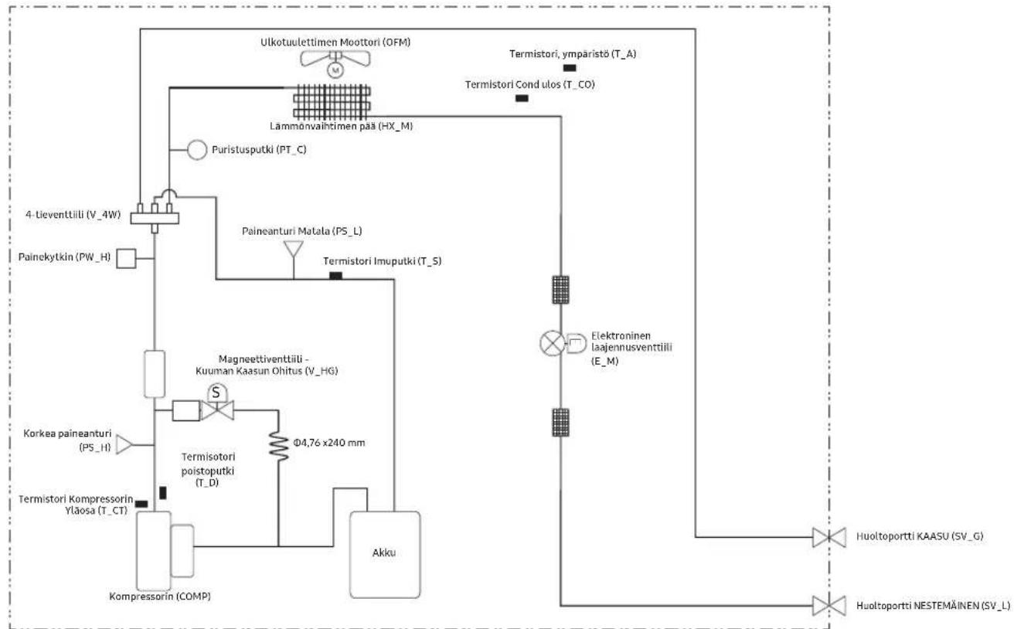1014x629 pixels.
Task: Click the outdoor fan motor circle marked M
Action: point(335,70)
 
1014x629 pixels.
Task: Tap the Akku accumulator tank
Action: point(385,554)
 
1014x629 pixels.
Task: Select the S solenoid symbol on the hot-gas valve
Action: point(217,393)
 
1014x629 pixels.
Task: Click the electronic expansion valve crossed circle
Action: point(553,343)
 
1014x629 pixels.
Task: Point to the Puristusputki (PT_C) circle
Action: point(197,150)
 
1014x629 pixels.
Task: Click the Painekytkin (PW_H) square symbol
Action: point(126,258)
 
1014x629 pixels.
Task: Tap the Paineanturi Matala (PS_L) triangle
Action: point(294,249)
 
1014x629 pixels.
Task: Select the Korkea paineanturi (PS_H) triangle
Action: point(124,444)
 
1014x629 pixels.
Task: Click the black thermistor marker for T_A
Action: point(570,68)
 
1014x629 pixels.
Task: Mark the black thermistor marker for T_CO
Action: point(522,98)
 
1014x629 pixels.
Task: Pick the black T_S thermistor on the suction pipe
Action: point(335,276)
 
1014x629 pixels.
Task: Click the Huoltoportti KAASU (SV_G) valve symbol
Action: point(829,537)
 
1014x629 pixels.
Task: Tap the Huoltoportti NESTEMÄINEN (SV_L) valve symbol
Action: point(829,606)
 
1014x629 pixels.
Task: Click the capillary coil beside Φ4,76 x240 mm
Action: point(278,446)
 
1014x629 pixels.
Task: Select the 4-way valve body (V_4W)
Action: point(155,218)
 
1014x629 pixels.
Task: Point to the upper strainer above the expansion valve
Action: point(561,290)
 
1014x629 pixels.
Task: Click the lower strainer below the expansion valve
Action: point(561,422)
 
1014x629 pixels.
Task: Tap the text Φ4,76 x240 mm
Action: point(329,443)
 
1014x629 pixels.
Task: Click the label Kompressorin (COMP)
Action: point(160,597)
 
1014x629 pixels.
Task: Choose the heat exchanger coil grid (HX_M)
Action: point(332,101)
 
